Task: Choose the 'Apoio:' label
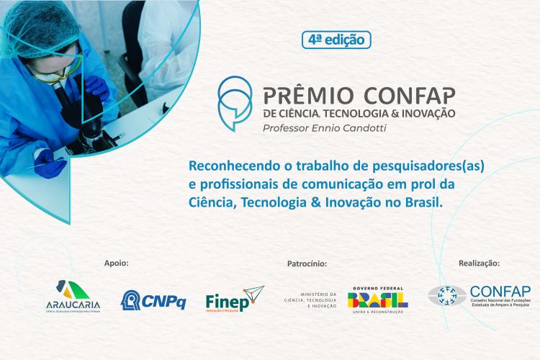coord(116,264)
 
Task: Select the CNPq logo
coord(153,299)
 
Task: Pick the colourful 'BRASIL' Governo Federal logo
coord(378,298)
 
